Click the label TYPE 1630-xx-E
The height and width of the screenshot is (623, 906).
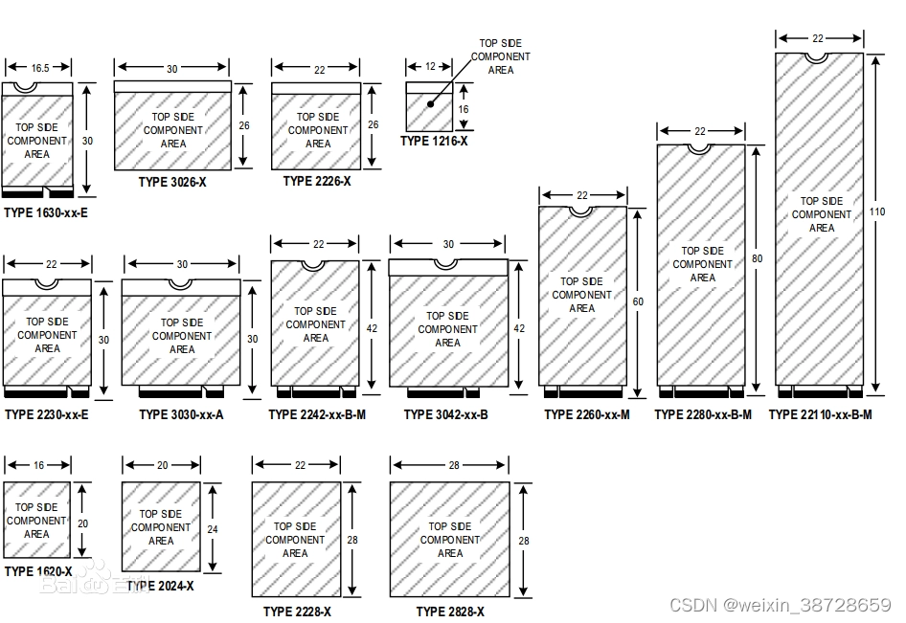click(x=46, y=212)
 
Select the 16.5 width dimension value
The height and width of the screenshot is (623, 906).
click(x=39, y=68)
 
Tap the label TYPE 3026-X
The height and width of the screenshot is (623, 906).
click(x=172, y=182)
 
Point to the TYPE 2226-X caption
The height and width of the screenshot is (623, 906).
click(x=317, y=181)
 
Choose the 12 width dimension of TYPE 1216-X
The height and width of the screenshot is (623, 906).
click(x=430, y=67)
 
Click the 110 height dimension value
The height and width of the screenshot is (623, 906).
click(x=879, y=211)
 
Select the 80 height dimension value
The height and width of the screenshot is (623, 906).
click(x=758, y=259)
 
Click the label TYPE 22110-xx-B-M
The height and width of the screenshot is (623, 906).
click(x=821, y=414)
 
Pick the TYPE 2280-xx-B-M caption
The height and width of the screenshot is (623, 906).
click(x=703, y=414)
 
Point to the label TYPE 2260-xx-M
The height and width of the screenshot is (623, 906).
click(x=587, y=414)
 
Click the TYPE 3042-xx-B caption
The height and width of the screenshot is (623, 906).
click(x=446, y=414)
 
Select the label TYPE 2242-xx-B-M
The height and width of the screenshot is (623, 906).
click(x=317, y=414)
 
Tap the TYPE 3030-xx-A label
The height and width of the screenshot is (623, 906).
click(x=181, y=414)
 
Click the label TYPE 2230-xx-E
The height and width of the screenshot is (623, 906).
click(x=47, y=414)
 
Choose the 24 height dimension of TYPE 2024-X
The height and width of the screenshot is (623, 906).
click(x=213, y=527)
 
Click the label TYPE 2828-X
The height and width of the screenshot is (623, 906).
click(x=450, y=612)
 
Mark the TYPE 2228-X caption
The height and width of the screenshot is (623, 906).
click(x=297, y=612)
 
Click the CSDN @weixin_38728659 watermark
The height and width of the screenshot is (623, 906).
click(x=780, y=605)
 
